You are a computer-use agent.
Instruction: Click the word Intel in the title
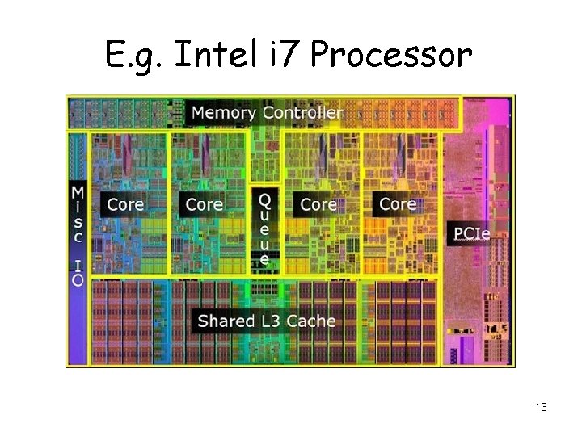(x=208, y=55)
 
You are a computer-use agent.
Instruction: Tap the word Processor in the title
(x=390, y=55)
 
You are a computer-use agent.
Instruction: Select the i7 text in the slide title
(x=281, y=55)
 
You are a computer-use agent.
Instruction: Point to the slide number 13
(x=541, y=407)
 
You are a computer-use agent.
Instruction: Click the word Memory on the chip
(x=224, y=113)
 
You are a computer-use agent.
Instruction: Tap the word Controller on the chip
(x=302, y=113)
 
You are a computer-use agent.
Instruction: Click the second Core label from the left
(x=204, y=204)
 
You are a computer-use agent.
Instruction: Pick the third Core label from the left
(x=318, y=204)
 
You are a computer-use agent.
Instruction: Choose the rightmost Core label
(x=398, y=203)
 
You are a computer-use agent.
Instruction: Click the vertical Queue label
(x=264, y=228)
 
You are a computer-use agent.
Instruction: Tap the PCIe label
(x=471, y=234)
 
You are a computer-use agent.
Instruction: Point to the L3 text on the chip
(x=272, y=321)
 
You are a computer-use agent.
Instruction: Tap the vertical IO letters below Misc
(x=78, y=272)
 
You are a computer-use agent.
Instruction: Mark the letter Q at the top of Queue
(x=264, y=199)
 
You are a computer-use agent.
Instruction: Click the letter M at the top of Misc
(x=78, y=193)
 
